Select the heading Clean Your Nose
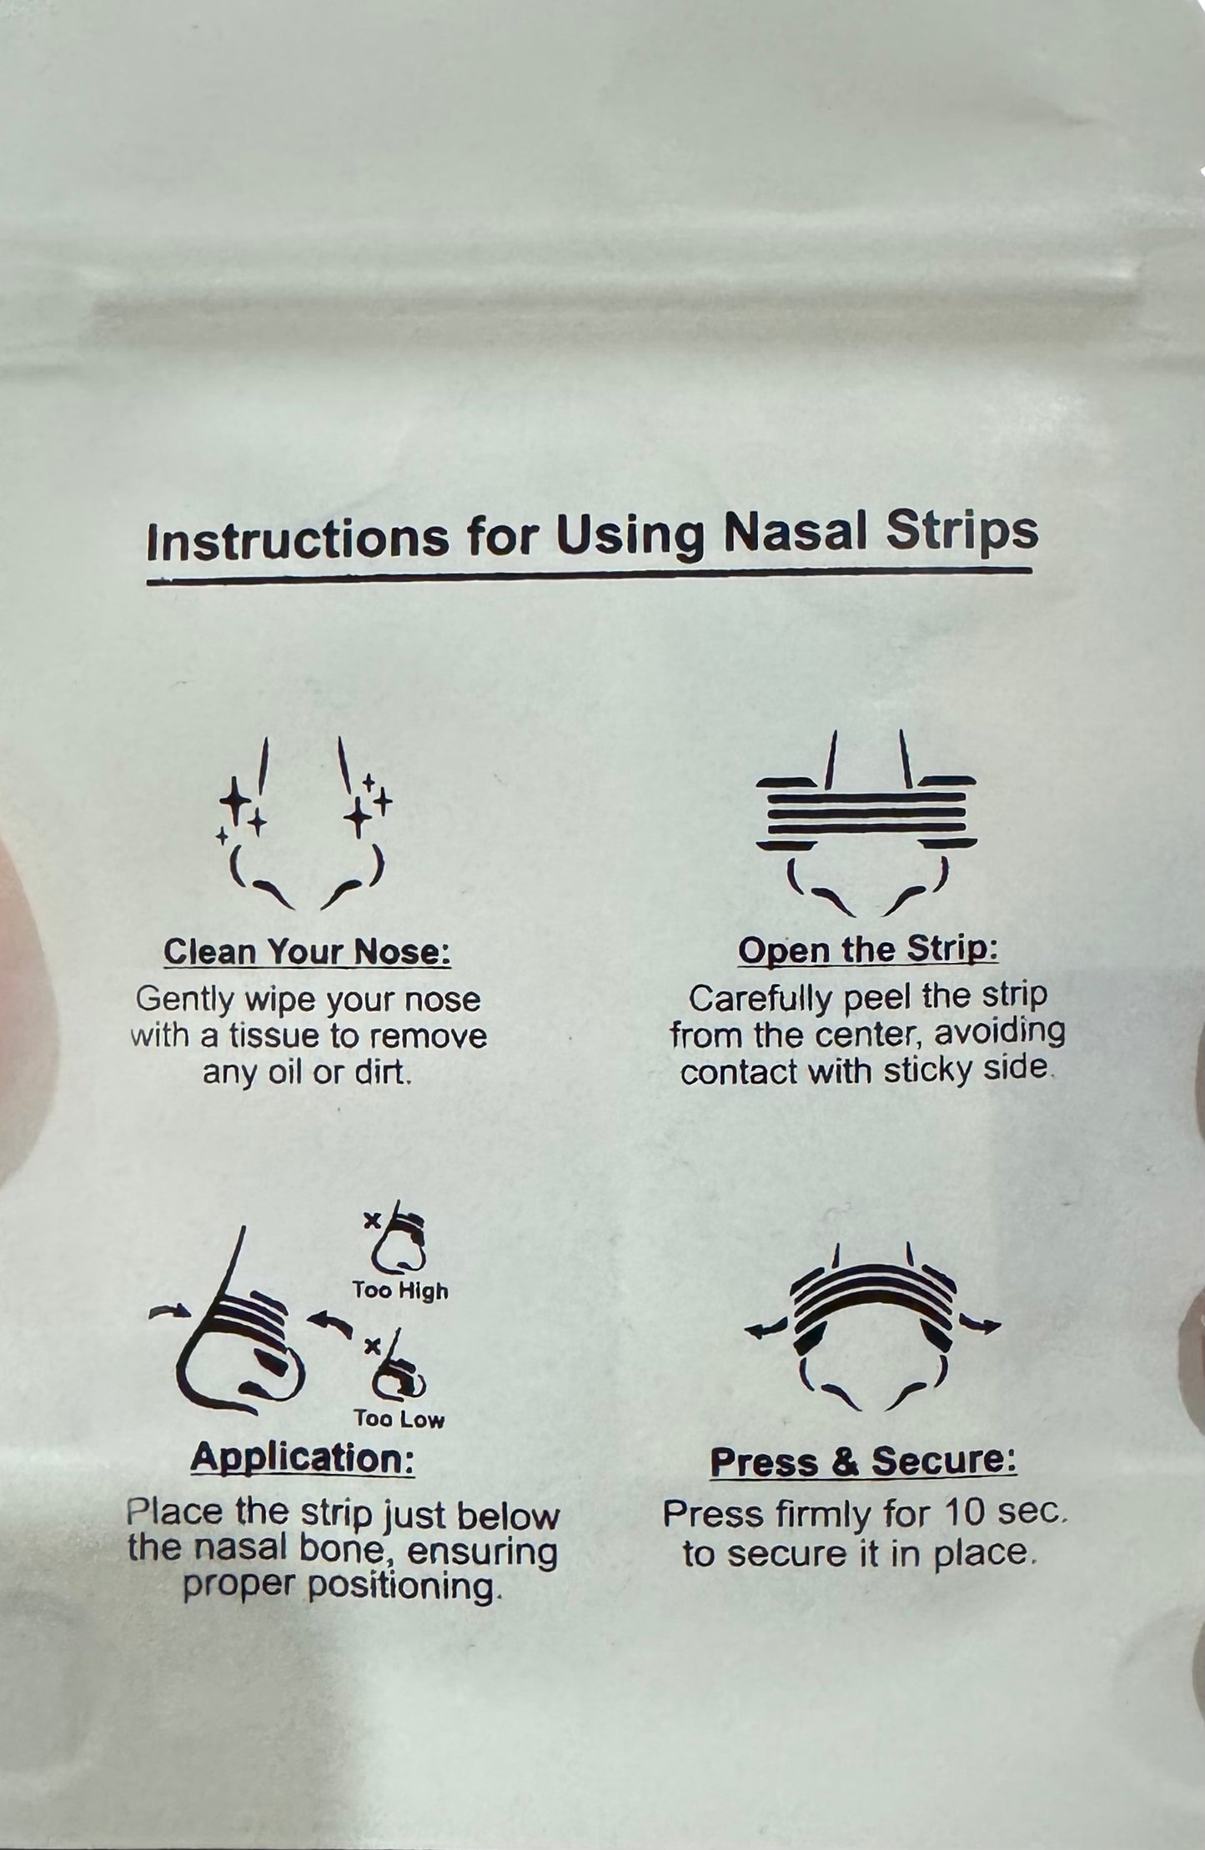click(x=307, y=952)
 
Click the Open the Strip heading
click(x=868, y=950)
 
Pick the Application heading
click(x=303, y=1458)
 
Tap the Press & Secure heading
click(x=863, y=1461)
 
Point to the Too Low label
click(x=399, y=1420)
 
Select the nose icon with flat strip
click(x=866, y=821)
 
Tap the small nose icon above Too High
click(x=399, y=1246)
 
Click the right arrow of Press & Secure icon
click(x=979, y=1323)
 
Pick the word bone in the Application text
click(x=330, y=1551)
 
